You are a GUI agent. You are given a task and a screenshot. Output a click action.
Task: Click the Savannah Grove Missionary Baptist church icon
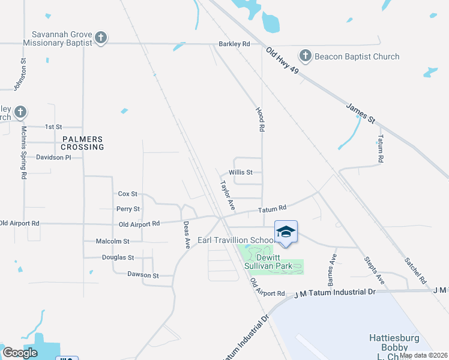pyautogui.click(x=101, y=38)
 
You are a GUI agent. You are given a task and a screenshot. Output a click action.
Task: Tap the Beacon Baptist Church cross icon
pyautogui.click(x=305, y=57)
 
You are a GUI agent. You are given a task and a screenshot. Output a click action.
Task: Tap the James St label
pyautogui.click(x=361, y=113)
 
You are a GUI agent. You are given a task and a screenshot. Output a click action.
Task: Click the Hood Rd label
pyautogui.click(x=261, y=120)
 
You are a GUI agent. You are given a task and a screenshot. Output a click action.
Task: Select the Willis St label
pyautogui.click(x=249, y=172)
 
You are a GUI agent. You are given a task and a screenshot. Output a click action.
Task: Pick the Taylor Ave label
pyautogui.click(x=227, y=195)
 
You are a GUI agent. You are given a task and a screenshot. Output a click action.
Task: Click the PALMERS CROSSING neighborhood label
pyautogui.click(x=83, y=142)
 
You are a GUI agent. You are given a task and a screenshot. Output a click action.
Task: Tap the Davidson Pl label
pyautogui.click(x=53, y=157)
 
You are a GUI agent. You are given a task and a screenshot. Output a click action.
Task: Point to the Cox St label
pyautogui.click(x=128, y=194)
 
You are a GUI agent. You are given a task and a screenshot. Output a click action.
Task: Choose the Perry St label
pyautogui.click(x=128, y=209)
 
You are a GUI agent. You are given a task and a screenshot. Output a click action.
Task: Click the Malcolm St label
pyautogui.click(x=113, y=241)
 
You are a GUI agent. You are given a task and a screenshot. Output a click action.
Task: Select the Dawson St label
pyautogui.click(x=143, y=275)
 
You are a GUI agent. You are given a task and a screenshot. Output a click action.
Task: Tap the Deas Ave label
pyautogui.click(x=187, y=235)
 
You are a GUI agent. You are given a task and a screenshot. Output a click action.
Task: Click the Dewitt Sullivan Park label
pyautogui.click(x=274, y=255)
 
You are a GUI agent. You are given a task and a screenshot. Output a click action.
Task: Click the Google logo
pyautogui.click(x=20, y=353)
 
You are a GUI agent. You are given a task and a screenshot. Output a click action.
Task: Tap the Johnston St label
pyautogui.click(x=24, y=73)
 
